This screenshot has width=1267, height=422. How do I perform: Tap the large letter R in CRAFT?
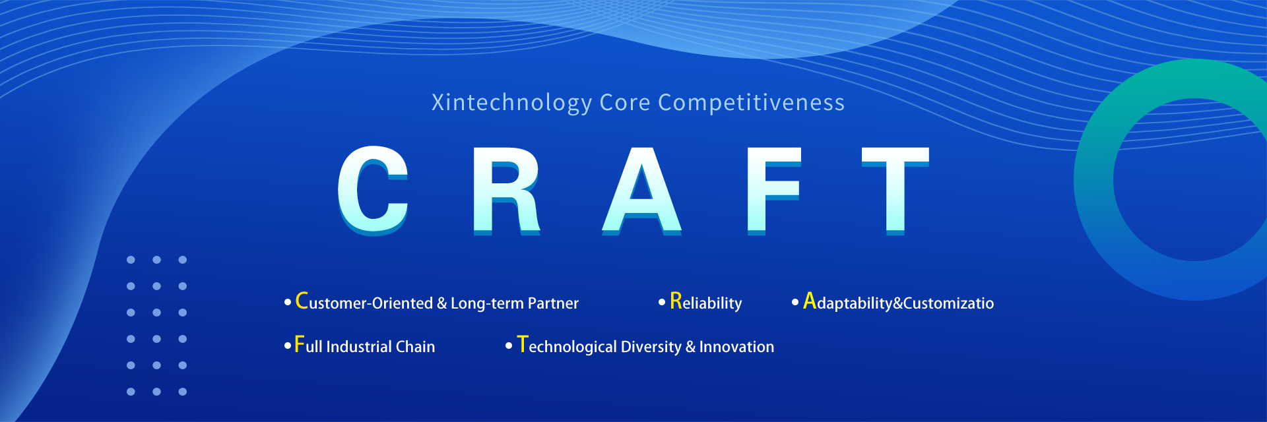pyautogui.click(x=507, y=191)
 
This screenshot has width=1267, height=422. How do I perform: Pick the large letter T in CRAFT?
pyautogui.click(x=895, y=191)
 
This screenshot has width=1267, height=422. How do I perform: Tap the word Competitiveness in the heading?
pyautogui.click(x=751, y=103)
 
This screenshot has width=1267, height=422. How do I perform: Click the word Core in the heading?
pyautogui.click(x=625, y=103)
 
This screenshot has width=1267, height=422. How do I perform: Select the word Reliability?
pyautogui.click(x=706, y=302)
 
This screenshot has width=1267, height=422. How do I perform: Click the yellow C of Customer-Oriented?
pyautogui.click(x=302, y=301)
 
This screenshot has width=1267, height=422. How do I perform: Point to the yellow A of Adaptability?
pyautogui.click(x=810, y=301)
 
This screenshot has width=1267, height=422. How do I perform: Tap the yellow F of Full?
pyautogui.click(x=300, y=344)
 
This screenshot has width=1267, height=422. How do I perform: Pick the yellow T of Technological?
pyautogui.click(x=523, y=344)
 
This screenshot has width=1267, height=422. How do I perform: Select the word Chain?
pyautogui.click(x=415, y=347)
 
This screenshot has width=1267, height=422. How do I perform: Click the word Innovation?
pyautogui.click(x=736, y=347)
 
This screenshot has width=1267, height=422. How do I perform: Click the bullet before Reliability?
pyautogui.click(x=662, y=303)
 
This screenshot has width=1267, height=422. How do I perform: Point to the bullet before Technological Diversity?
pyautogui.click(x=509, y=346)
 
